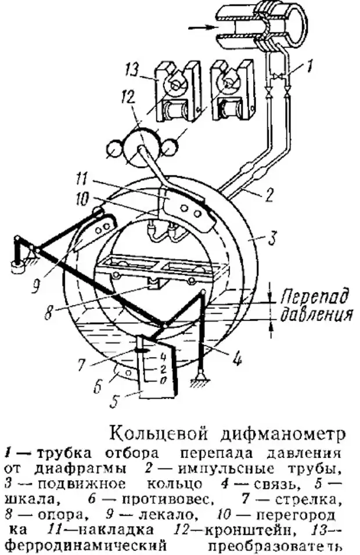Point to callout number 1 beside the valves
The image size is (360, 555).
[309, 68]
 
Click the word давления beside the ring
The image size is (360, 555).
[316, 315]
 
